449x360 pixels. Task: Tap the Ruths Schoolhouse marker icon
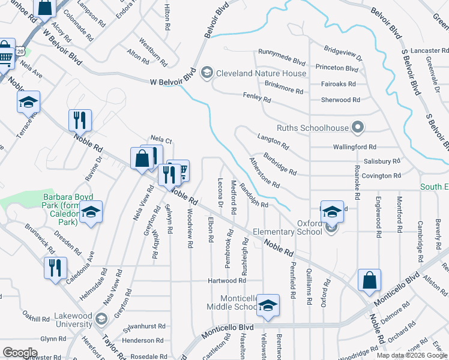click(x=358, y=127)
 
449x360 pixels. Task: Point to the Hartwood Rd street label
click(x=227, y=280)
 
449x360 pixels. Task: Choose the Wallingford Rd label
click(x=355, y=146)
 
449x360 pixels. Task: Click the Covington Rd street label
click(x=381, y=176)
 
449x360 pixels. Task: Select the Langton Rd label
click(x=273, y=142)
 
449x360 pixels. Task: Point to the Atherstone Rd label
click(x=264, y=172)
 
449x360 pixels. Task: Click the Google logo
click(x=20, y=353)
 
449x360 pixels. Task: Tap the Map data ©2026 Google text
click(x=411, y=355)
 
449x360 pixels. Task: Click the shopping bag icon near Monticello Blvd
click(x=369, y=280)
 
